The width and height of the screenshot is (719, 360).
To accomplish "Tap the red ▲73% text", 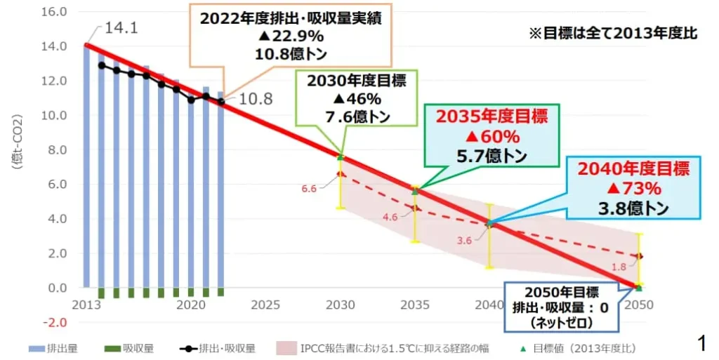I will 634,188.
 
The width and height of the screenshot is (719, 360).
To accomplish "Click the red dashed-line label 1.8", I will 620,267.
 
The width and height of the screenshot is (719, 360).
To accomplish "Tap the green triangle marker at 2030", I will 341,156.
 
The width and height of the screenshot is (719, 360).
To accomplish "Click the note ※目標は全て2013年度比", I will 612,34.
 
